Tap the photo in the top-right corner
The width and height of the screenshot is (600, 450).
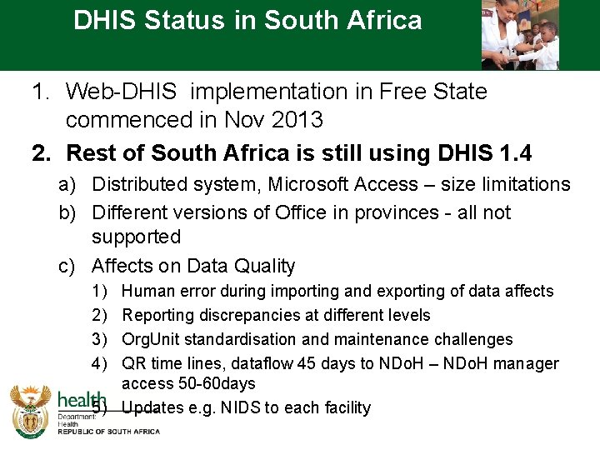pos(520,35)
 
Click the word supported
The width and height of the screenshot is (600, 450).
pos(136,237)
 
